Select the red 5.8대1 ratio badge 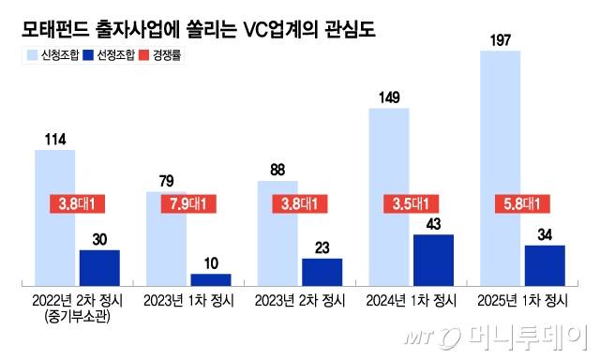pos(522,203)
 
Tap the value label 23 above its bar pos(322,246)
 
